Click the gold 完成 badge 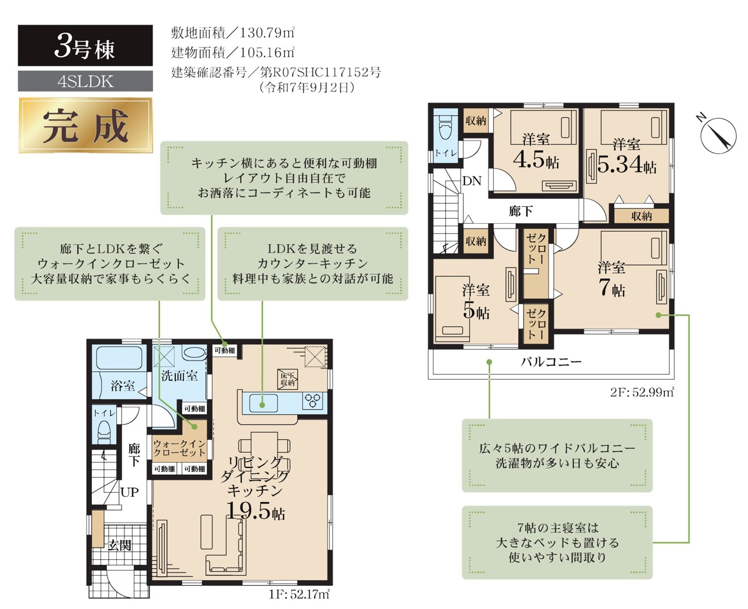tap(86, 126)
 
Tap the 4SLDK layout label tap(86, 81)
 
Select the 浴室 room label tap(123, 386)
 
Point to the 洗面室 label tap(179, 376)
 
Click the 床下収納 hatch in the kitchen tap(288, 379)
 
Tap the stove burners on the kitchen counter tap(313, 402)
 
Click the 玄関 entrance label tap(119, 545)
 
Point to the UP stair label tap(130, 492)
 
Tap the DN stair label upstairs tap(472, 181)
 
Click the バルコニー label tap(550, 361)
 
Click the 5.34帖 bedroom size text tap(627, 164)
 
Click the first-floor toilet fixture tap(104, 431)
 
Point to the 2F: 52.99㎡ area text tap(642, 392)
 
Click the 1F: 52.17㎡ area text tap(299, 594)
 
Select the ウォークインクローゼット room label tap(179, 448)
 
